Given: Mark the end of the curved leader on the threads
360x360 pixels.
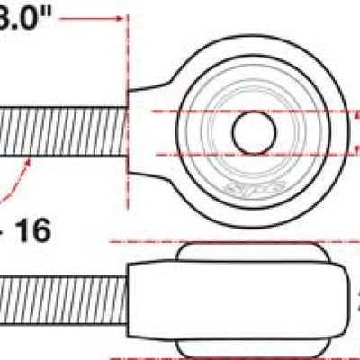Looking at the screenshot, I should click(32, 156).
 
